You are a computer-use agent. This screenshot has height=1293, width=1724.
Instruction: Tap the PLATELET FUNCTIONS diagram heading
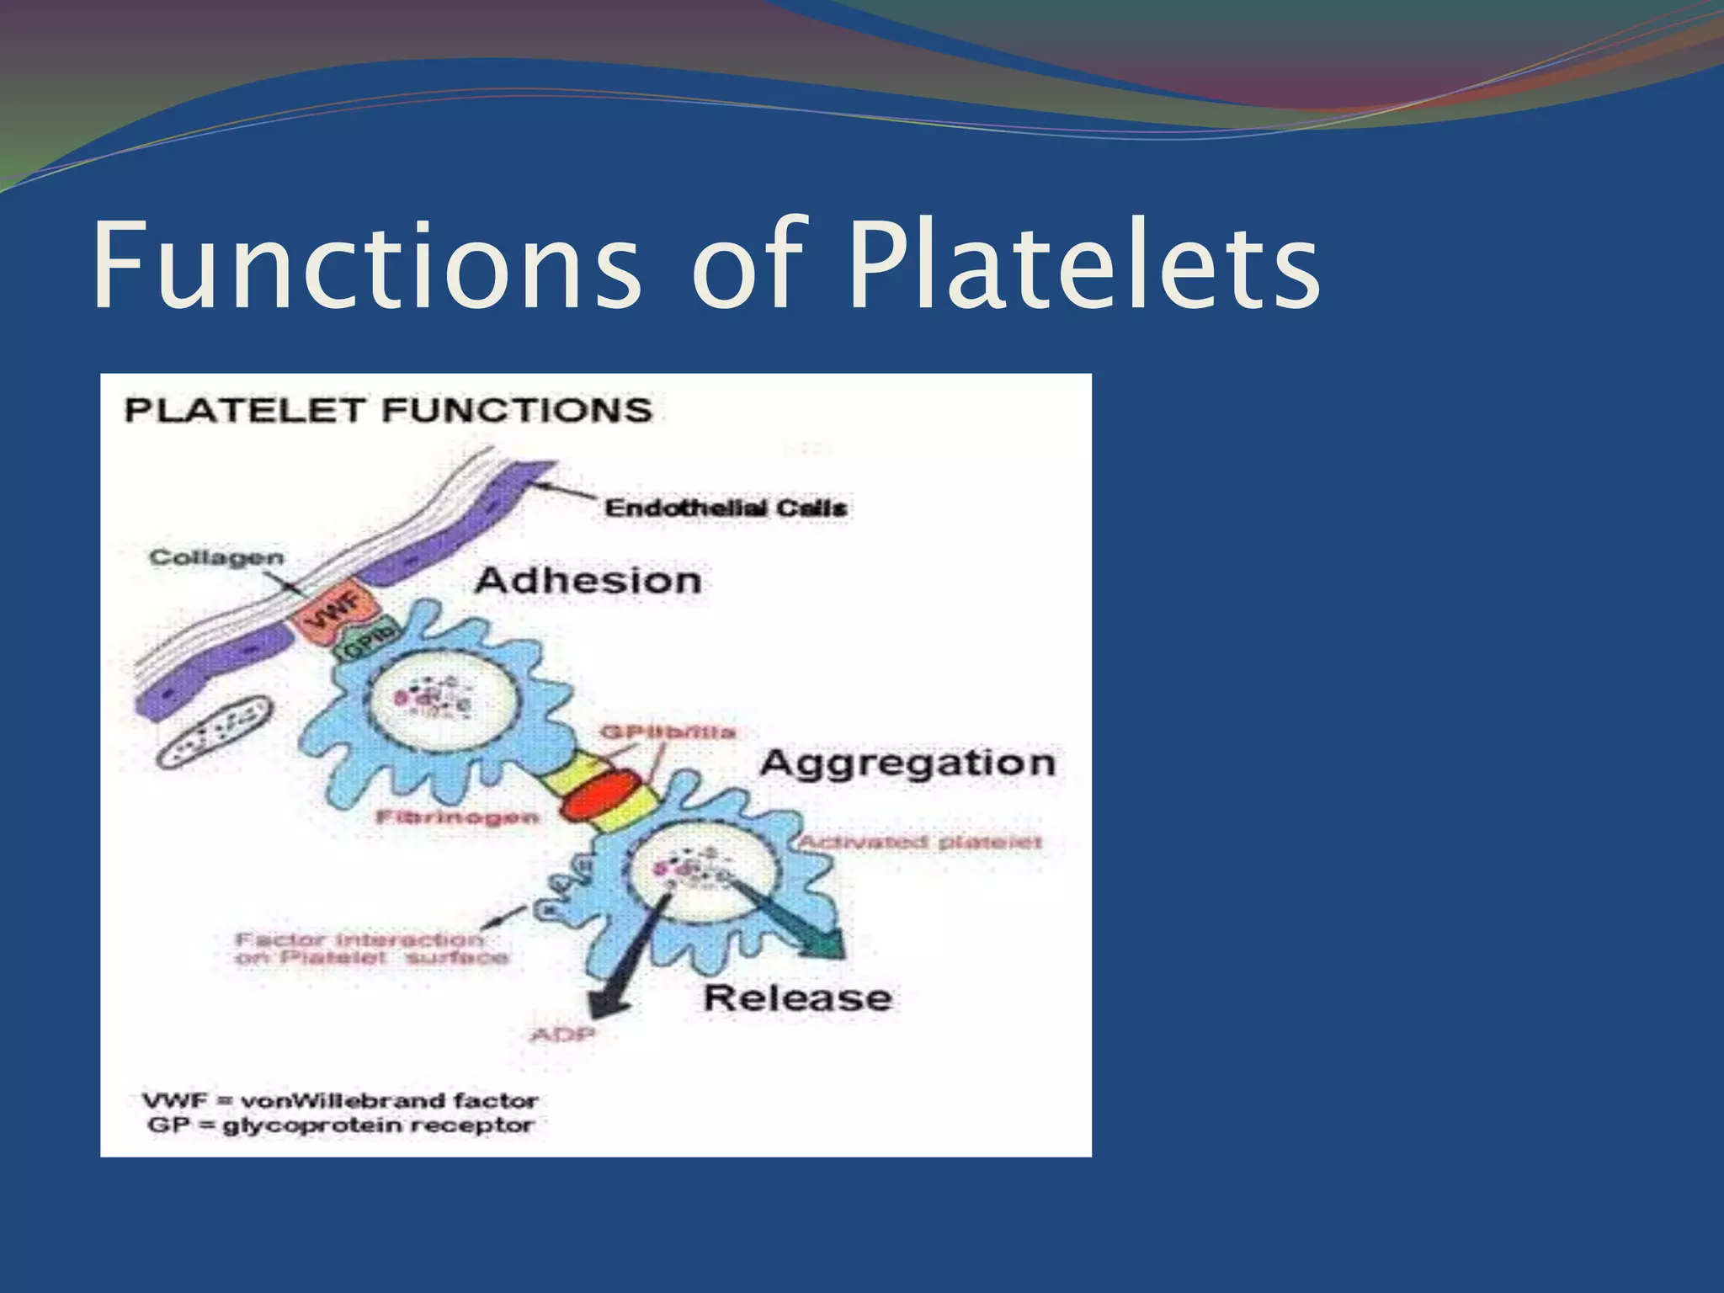click(388, 411)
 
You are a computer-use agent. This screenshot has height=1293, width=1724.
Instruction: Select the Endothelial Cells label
click(726, 508)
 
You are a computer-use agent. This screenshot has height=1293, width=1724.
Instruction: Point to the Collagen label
click(216, 558)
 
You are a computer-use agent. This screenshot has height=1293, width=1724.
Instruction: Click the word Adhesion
click(588, 581)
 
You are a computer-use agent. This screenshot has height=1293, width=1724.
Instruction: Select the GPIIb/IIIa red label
click(668, 732)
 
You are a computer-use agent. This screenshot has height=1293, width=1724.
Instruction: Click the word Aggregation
click(907, 763)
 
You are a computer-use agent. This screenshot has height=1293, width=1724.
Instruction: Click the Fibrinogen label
click(457, 817)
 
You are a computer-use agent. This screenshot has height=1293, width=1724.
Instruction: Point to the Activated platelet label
click(919, 842)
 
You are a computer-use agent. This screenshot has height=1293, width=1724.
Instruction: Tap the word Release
click(797, 998)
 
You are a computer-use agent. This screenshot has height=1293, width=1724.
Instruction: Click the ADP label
click(562, 1034)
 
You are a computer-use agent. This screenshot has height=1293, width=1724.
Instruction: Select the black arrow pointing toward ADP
click(627, 968)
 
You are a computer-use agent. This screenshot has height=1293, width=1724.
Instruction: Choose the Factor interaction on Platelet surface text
click(370, 949)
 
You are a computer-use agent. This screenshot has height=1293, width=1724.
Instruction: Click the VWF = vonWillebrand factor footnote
click(340, 1101)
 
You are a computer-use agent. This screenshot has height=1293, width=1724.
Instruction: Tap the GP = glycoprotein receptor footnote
click(340, 1125)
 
